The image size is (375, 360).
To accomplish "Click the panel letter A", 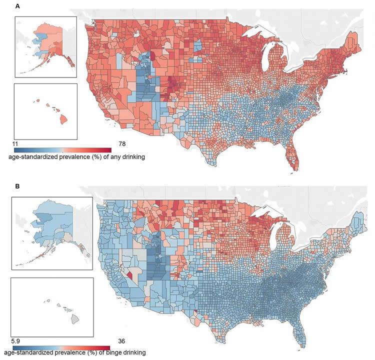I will click(18, 6).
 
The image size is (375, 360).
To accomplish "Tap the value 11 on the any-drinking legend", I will click(15, 144).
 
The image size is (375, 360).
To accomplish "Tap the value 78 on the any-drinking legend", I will click(122, 144).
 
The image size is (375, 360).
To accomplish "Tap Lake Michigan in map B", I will click(274, 239).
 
